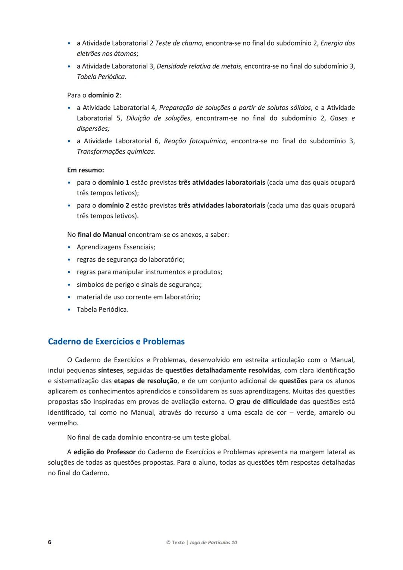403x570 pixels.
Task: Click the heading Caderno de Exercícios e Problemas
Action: (x=116, y=342)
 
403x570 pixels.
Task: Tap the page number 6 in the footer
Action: (x=50, y=542)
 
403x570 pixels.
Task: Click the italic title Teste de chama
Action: (x=178, y=43)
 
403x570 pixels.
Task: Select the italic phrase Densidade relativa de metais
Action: (x=199, y=66)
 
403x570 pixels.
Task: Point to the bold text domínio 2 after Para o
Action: (x=103, y=95)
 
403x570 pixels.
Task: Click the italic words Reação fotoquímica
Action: (x=195, y=141)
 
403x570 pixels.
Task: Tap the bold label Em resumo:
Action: (x=85, y=170)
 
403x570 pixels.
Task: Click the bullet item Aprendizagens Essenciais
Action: (x=116, y=247)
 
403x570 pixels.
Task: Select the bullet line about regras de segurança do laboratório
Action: (x=131, y=259)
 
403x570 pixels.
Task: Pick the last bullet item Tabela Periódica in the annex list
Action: (x=102, y=309)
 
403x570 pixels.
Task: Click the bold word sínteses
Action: (x=110, y=370)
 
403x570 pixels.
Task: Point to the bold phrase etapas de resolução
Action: (x=146, y=381)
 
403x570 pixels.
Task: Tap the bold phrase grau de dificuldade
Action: (x=267, y=402)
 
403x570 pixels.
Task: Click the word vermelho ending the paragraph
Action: (x=63, y=423)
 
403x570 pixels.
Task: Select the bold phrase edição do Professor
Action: (x=104, y=452)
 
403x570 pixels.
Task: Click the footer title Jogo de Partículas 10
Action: (x=213, y=542)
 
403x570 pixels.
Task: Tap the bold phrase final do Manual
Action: (x=102, y=235)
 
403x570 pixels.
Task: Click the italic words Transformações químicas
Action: (x=115, y=152)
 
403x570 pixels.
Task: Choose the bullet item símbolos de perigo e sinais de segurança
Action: (x=139, y=284)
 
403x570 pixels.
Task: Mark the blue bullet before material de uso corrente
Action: (x=69, y=297)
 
